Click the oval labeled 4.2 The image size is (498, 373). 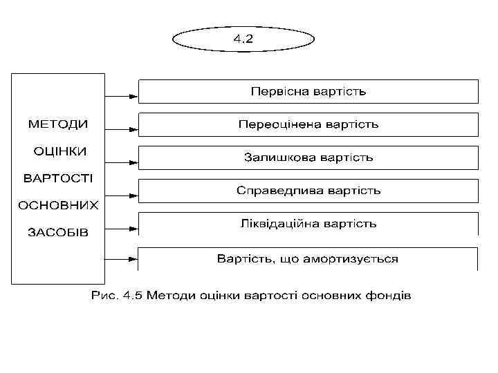click(x=243, y=39)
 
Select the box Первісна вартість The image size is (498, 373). click(x=308, y=91)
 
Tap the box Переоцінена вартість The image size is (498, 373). click(x=308, y=124)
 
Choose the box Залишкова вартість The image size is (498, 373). click(x=308, y=157)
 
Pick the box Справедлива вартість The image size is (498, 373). click(x=308, y=190)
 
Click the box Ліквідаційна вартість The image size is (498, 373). click(x=308, y=224)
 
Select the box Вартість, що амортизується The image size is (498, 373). click(x=308, y=259)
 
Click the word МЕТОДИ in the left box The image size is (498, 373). click(x=58, y=124)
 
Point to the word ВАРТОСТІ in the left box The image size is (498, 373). click(x=59, y=178)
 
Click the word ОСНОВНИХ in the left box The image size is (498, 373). click(x=58, y=205)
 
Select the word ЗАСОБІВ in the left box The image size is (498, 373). click(x=58, y=231)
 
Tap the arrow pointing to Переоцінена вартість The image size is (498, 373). click(x=121, y=128)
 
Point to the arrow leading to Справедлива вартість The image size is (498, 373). click(x=121, y=194)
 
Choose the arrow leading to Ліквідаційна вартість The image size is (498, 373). click(x=121, y=227)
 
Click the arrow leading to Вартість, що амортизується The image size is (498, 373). click(x=121, y=260)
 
